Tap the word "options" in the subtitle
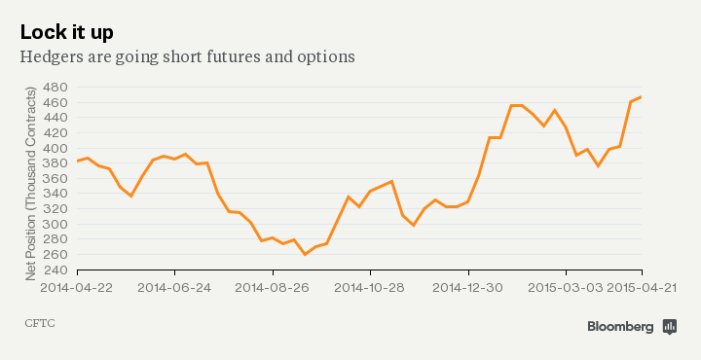coord(326,56)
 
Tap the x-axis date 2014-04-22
coord(76,288)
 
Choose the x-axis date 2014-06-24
coord(174,288)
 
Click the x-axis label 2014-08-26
coord(273,288)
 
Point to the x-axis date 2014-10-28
coord(371,288)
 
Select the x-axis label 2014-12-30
coord(469,288)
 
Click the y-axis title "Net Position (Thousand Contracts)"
coord(30,181)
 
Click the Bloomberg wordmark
coord(620,327)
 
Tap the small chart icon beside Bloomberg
coord(670,327)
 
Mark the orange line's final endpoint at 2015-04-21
coord(641,97)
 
